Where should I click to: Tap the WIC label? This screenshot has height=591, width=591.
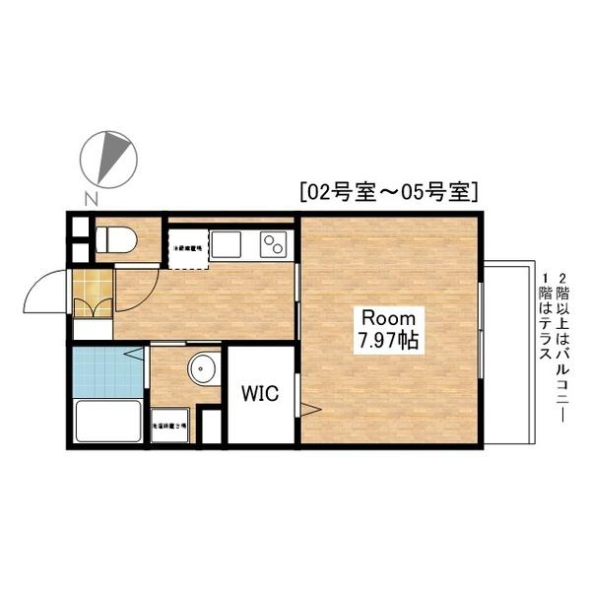[261, 394]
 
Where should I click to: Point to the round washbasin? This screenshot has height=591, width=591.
[203, 369]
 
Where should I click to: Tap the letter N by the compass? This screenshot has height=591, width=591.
[90, 197]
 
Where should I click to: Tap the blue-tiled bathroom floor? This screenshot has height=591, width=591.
[108, 371]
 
